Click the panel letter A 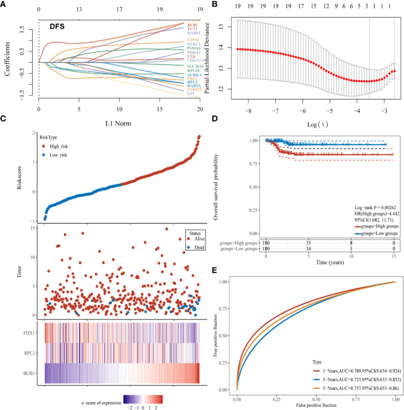pos(4,5)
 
